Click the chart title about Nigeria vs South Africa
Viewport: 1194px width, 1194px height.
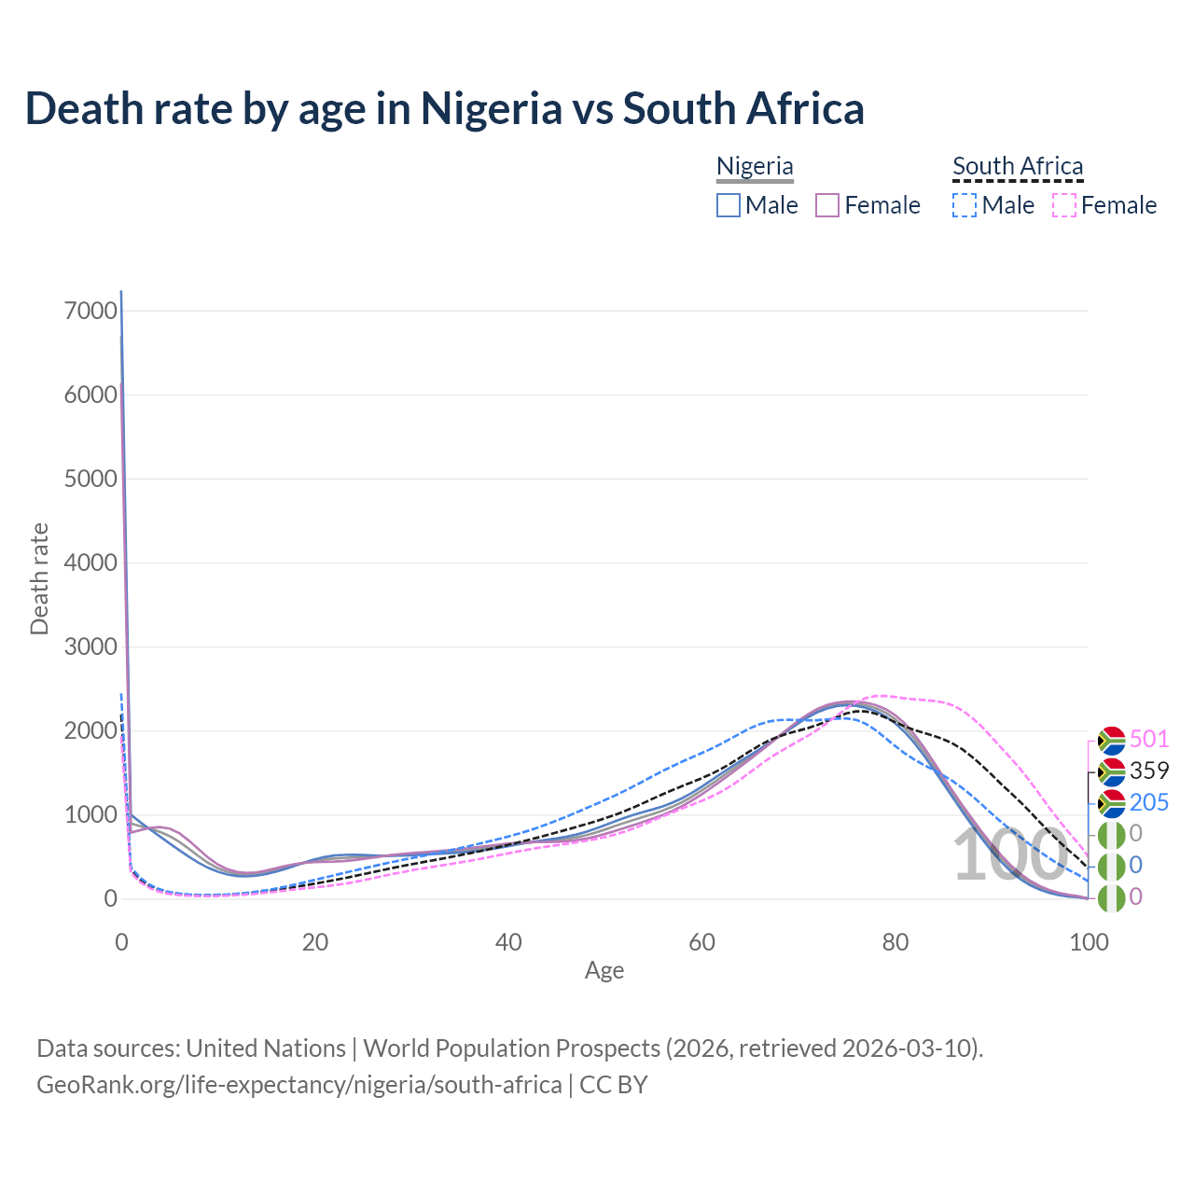(x=444, y=109)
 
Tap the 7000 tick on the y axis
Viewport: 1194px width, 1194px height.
(x=91, y=312)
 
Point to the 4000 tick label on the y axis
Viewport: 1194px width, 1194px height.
(x=91, y=563)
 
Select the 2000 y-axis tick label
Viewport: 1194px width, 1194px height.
(x=91, y=731)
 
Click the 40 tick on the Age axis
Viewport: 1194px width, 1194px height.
(x=508, y=942)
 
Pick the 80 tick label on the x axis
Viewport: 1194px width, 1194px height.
(x=895, y=942)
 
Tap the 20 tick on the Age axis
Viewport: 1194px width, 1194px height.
(x=315, y=942)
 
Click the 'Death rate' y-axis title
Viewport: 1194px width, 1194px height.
(x=39, y=579)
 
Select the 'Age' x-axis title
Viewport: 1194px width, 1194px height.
(x=604, y=971)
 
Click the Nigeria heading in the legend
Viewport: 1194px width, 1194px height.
(x=755, y=167)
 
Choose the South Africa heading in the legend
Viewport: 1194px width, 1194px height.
(x=1018, y=167)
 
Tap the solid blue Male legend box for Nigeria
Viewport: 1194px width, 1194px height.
(x=729, y=205)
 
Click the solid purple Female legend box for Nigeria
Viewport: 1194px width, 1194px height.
(x=827, y=205)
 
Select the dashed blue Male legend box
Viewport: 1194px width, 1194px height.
(x=965, y=205)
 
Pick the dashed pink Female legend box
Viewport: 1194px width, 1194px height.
(x=1064, y=205)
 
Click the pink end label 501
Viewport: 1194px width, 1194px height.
(x=1149, y=740)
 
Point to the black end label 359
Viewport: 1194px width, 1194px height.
(x=1149, y=771)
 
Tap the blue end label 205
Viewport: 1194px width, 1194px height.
(x=1149, y=803)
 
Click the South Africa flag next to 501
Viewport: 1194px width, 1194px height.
(x=1111, y=741)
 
